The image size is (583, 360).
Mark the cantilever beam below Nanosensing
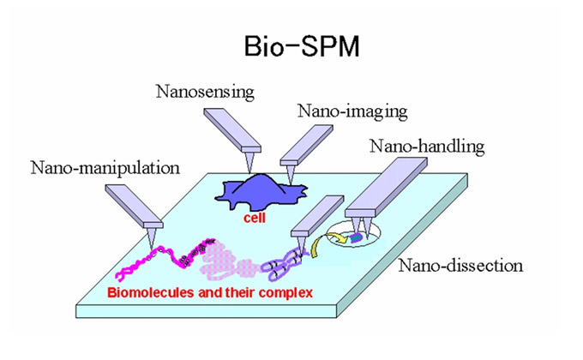tap(225, 129)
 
